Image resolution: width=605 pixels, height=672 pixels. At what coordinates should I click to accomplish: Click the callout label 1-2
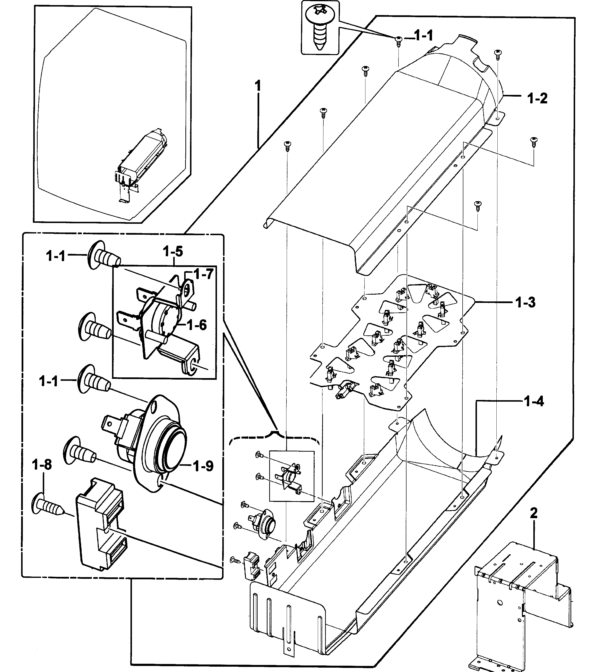point(537,98)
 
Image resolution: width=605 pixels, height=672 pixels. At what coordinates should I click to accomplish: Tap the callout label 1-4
point(534,401)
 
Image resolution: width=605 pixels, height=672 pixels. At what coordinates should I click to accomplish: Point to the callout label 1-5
point(173,251)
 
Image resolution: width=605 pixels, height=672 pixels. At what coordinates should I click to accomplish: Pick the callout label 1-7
point(203,274)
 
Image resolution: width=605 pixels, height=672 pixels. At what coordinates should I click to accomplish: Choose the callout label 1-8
point(42,465)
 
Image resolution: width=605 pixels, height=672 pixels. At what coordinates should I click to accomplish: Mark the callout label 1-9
point(203,466)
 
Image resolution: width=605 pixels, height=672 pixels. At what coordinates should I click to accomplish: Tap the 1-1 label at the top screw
point(423,35)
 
